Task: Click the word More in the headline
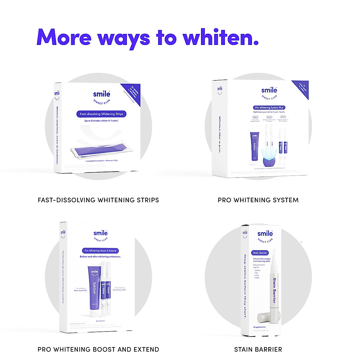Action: pos(64,37)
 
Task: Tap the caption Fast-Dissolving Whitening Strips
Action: pos(98,200)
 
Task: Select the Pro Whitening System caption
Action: pos(258,200)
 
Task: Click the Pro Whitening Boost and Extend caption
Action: pos(98,349)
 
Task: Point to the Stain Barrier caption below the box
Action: pos(258,349)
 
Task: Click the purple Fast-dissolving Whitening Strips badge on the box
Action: pos(101,114)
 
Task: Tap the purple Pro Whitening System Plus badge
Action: pos(269,107)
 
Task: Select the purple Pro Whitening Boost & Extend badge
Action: pos(100,250)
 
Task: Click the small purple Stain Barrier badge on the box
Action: pos(260,253)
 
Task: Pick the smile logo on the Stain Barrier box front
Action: pos(265,234)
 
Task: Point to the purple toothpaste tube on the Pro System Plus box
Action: pos(254,149)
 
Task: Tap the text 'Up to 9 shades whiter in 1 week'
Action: pos(101,121)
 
